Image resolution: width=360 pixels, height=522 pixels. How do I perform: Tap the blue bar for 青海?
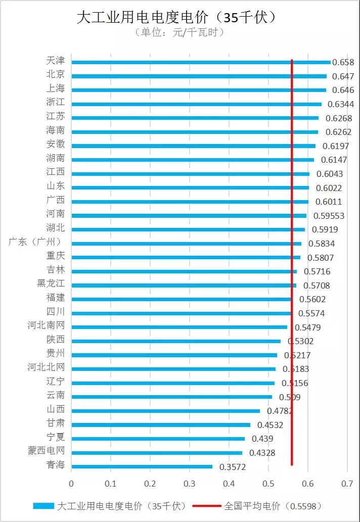point(142,466)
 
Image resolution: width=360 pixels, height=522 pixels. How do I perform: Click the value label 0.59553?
point(329,216)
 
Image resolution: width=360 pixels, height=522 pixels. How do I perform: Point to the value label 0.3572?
point(233,467)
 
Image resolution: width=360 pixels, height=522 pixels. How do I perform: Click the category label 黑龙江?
point(51,283)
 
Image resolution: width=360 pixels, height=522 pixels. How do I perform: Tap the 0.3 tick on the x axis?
point(189,484)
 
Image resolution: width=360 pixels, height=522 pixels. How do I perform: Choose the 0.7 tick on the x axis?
point(347,484)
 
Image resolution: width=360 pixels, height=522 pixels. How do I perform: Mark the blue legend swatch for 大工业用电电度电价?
point(43,506)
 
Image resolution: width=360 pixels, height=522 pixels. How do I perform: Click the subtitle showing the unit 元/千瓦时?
point(179,32)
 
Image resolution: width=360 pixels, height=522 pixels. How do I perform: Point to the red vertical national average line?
point(292,354)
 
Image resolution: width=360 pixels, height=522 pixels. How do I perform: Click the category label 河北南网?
point(46,325)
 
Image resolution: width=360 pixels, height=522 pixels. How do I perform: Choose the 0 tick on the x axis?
point(71,484)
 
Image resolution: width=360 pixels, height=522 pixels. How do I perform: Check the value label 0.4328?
point(262,453)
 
